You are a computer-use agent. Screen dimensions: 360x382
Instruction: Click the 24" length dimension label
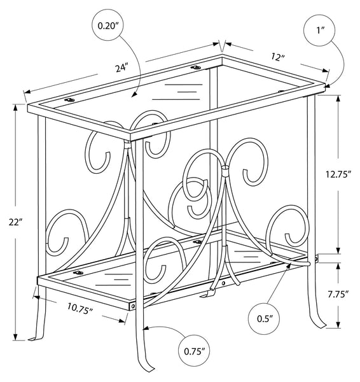tap(121, 68)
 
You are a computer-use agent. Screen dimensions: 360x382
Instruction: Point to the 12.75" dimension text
tap(338, 174)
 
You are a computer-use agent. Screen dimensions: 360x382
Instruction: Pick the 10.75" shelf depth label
tap(80, 308)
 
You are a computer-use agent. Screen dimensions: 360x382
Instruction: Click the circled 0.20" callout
tap(108, 26)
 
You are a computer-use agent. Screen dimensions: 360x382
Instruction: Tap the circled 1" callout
tap(320, 30)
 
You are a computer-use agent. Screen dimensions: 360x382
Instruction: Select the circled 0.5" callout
tap(264, 319)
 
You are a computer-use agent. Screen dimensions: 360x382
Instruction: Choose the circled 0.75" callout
tap(194, 351)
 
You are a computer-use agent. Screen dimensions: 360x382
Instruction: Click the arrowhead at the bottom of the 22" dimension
tap(16, 337)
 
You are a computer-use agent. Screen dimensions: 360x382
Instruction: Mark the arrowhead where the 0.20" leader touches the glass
tap(134, 95)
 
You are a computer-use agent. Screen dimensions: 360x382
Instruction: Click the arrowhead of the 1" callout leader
tap(328, 85)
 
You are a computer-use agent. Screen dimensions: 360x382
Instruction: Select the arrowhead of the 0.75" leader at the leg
tap(146, 329)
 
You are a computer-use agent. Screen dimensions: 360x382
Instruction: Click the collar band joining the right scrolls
tap(226, 171)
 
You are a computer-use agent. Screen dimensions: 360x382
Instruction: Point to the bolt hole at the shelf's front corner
tap(133, 306)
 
